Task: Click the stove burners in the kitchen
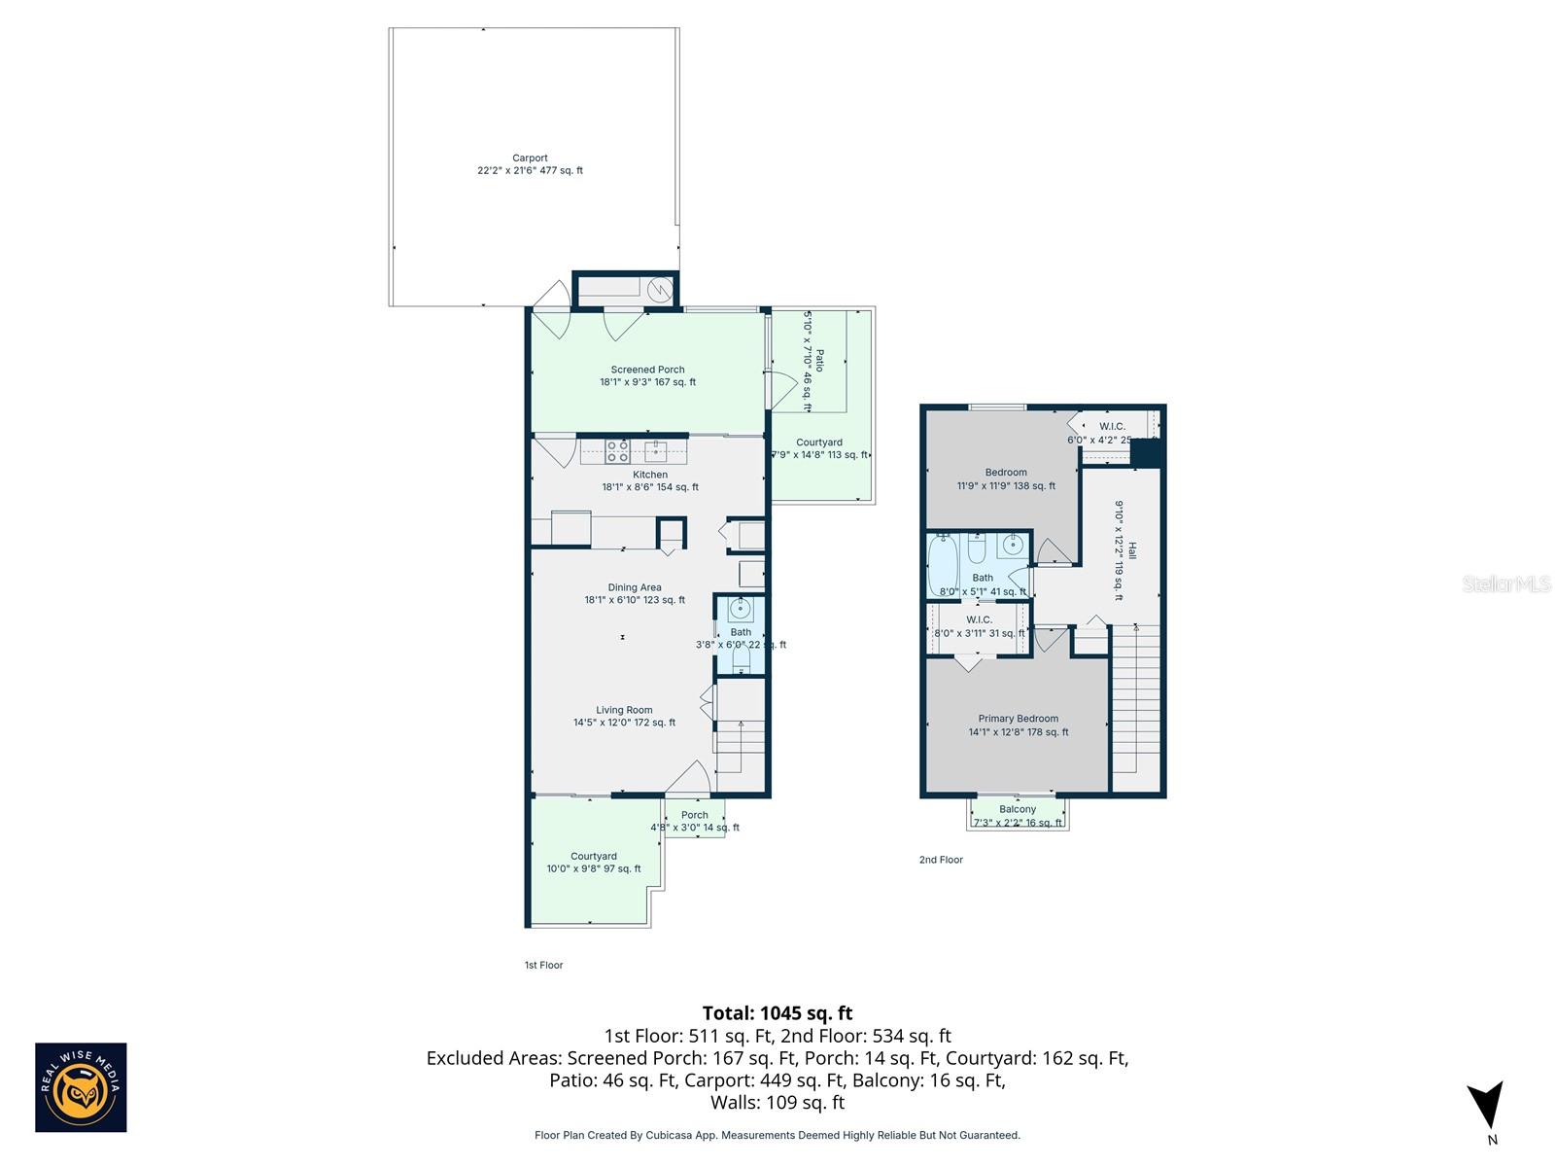pyautogui.click(x=617, y=451)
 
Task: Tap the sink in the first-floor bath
pyautogui.click(x=741, y=611)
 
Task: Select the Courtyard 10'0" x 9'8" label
pyautogui.click(x=594, y=863)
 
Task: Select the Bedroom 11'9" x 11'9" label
pyautogui.click(x=1006, y=478)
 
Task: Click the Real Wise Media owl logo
pyautogui.click(x=81, y=1088)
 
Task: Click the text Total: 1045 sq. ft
pyautogui.click(x=777, y=1013)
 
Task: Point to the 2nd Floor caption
pyautogui.click(x=941, y=860)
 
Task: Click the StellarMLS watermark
pyautogui.click(x=1506, y=583)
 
